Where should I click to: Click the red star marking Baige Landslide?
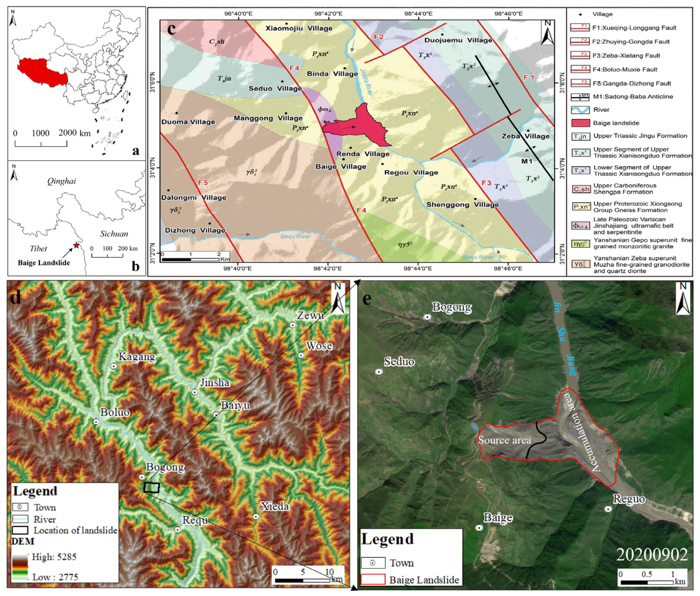pyautogui.click(x=77, y=245)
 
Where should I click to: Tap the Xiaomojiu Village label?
pyautogui.click(x=299, y=28)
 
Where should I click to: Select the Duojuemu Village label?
pyautogui.click(x=458, y=40)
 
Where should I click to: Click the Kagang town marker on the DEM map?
pyautogui.click(x=114, y=366)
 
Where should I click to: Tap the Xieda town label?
pyautogui.click(x=275, y=507)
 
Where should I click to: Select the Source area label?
pyautogui.click(x=505, y=440)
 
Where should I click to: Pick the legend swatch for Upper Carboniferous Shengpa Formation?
pyautogui.click(x=580, y=189)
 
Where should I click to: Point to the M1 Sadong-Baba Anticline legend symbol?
pyautogui.click(x=580, y=97)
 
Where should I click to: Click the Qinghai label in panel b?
pyautogui.click(x=61, y=181)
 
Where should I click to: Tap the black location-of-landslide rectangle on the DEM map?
pyautogui.click(x=151, y=488)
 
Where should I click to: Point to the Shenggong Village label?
pyautogui.click(x=462, y=205)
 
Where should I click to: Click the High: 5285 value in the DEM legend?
pyautogui.click(x=54, y=557)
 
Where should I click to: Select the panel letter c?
pyautogui.click(x=171, y=29)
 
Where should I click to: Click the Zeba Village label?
pyautogui.click(x=525, y=137)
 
